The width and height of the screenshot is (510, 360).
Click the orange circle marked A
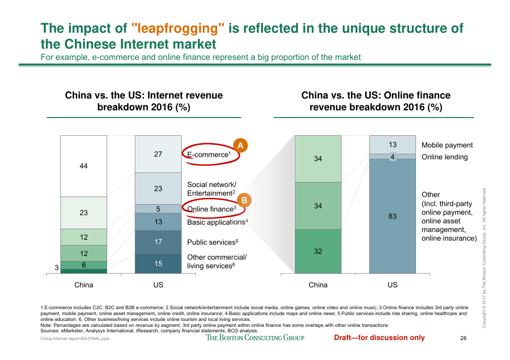click(x=240, y=145)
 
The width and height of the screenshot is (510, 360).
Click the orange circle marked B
click(x=244, y=200)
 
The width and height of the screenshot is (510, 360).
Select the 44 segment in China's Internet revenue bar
click(x=84, y=166)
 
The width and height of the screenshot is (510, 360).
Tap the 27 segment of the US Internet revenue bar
click(x=158, y=154)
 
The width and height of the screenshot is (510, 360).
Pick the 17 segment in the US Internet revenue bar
click(x=158, y=242)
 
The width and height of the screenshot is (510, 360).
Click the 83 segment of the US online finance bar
click(x=392, y=217)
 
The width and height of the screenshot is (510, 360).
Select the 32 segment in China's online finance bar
click(x=318, y=251)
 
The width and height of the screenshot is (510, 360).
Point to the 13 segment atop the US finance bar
click(x=392, y=145)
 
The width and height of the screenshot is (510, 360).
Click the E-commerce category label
click(x=209, y=155)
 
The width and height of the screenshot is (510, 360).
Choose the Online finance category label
click(x=212, y=209)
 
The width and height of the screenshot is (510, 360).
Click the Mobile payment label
click(x=447, y=145)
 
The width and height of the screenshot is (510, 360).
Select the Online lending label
click(x=444, y=157)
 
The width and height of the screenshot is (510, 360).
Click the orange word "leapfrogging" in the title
click(x=178, y=29)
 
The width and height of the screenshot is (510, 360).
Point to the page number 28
click(x=463, y=338)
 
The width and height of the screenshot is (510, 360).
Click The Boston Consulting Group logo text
click(x=255, y=338)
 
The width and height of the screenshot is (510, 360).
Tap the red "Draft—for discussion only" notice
click(x=379, y=338)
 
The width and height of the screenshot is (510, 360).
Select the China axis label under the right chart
click(x=318, y=285)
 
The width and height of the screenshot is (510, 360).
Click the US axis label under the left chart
click(x=158, y=285)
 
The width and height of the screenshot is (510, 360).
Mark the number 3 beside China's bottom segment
click(x=57, y=268)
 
